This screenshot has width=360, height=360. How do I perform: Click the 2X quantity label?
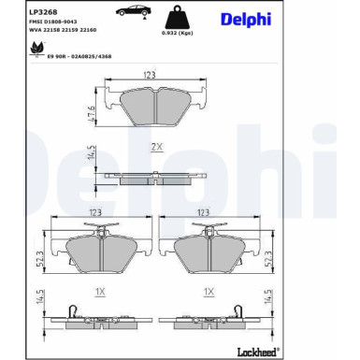(x=156, y=147)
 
